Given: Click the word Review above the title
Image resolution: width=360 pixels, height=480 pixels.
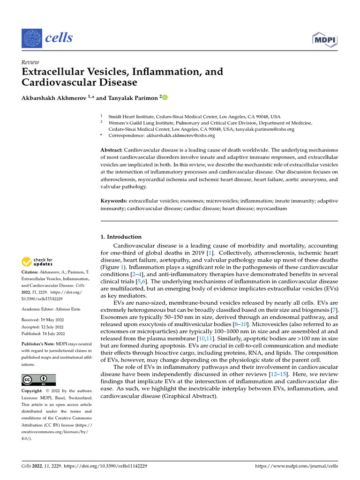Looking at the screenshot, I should pyautogui.click(x=30, y=62).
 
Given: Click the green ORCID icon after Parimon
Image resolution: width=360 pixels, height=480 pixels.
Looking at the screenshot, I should pyautogui.click(x=165, y=97).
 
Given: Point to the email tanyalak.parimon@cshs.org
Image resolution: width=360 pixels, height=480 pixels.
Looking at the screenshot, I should pyautogui.click(x=265, y=129).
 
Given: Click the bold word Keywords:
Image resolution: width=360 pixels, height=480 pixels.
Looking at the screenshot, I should pyautogui.click(x=114, y=201).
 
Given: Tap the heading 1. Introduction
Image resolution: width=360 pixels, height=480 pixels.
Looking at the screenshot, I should pyautogui.click(x=121, y=237).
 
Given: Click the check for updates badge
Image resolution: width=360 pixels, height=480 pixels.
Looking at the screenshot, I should pyautogui.click(x=37, y=262).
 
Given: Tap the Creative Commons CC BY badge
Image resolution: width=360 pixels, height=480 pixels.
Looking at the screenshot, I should pyautogui.click(x=38, y=380).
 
